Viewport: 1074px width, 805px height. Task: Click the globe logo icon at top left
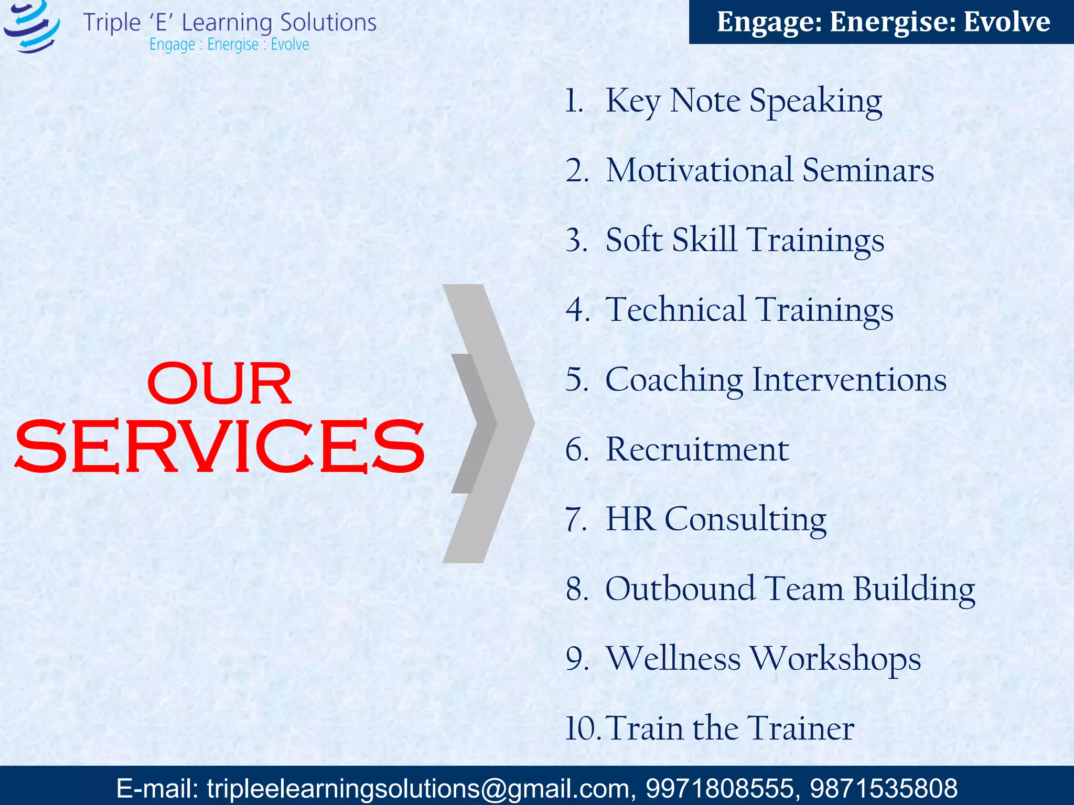click(x=31, y=26)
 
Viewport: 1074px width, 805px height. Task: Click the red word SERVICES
click(x=219, y=447)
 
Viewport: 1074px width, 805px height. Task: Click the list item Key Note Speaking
click(x=743, y=101)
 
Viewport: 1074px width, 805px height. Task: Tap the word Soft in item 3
click(x=634, y=240)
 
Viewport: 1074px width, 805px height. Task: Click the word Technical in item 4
click(x=675, y=309)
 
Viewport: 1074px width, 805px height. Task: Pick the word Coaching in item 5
click(x=674, y=379)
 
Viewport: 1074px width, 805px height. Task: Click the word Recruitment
click(x=697, y=449)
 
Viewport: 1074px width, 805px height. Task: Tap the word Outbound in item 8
click(x=680, y=589)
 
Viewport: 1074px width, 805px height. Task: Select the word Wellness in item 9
click(x=673, y=658)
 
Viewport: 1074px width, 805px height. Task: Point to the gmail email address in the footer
click(x=417, y=788)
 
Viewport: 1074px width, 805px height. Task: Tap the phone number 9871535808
click(x=884, y=788)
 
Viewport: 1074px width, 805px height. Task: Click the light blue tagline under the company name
click(x=229, y=45)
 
